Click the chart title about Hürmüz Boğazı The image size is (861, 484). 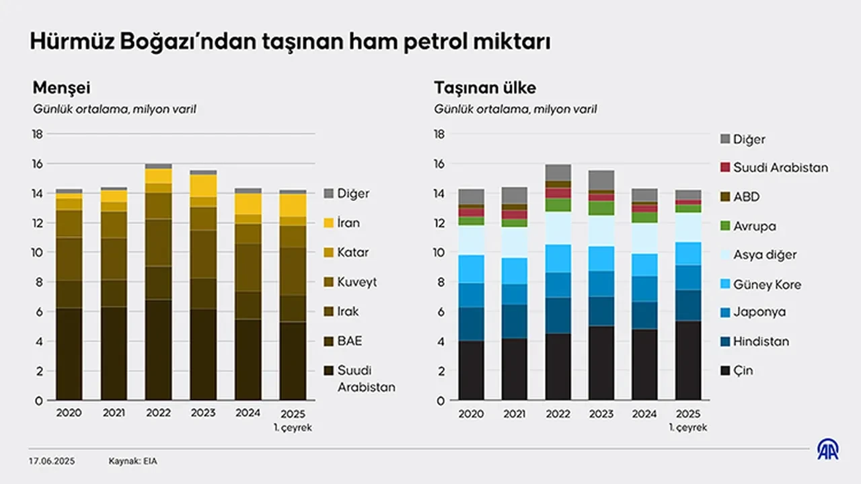[290, 42]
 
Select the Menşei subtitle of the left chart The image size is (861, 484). [61, 88]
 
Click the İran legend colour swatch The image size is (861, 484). [329, 223]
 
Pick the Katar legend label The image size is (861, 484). [354, 253]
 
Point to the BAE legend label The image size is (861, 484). [350, 341]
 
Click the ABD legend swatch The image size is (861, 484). [725, 198]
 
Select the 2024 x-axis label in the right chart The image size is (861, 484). [645, 414]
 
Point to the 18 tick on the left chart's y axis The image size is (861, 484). [38, 134]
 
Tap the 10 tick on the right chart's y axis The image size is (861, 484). [440, 253]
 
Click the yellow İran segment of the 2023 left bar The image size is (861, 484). [203, 186]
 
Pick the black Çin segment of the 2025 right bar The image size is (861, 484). [689, 360]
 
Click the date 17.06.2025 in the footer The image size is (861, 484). [52, 461]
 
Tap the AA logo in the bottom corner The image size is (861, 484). [828, 450]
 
